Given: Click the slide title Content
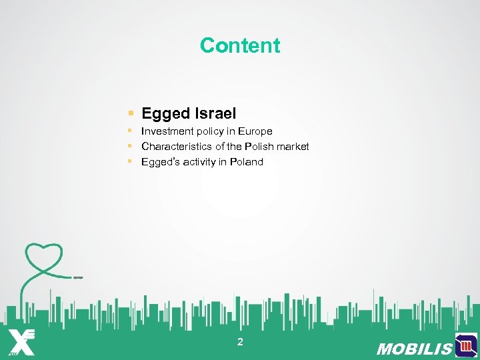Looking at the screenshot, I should point(240,45).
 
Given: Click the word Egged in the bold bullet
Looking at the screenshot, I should point(165,114).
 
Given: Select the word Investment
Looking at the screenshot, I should point(167,131).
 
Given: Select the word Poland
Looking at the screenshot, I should point(247,162).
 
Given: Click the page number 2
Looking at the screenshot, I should point(240,342).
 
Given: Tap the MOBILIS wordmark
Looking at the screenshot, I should point(414,349).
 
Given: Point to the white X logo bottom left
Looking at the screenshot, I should point(21,341).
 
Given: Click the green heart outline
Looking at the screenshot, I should point(44,257).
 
